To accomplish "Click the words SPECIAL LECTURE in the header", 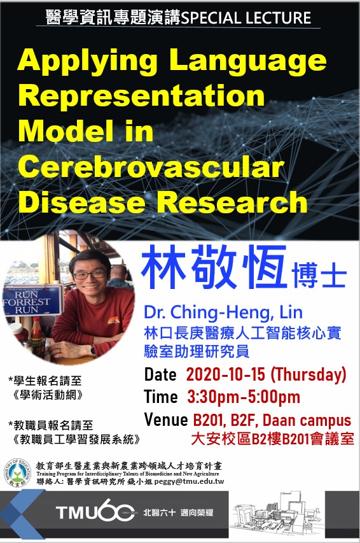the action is pos(246,17).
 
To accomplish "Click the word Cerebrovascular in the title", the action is pos(151,167).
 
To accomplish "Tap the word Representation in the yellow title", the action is pos(142,96).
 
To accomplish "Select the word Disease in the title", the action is pos(81,202).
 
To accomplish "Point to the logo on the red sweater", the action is pos(114,321).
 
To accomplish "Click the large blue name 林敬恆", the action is pos(214,267).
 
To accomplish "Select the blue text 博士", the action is pos(319,276).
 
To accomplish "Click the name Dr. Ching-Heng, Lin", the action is pos(223,312).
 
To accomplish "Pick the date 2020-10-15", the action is pos(225,374).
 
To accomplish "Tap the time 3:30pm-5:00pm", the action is pos(244,397).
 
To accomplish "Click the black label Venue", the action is pos(166,420).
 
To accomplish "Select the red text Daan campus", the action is pos(307,421).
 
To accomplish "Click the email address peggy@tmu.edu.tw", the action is pos(189,481).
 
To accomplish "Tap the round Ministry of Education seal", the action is pos(17,473).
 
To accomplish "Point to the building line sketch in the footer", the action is pos(276,515).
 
